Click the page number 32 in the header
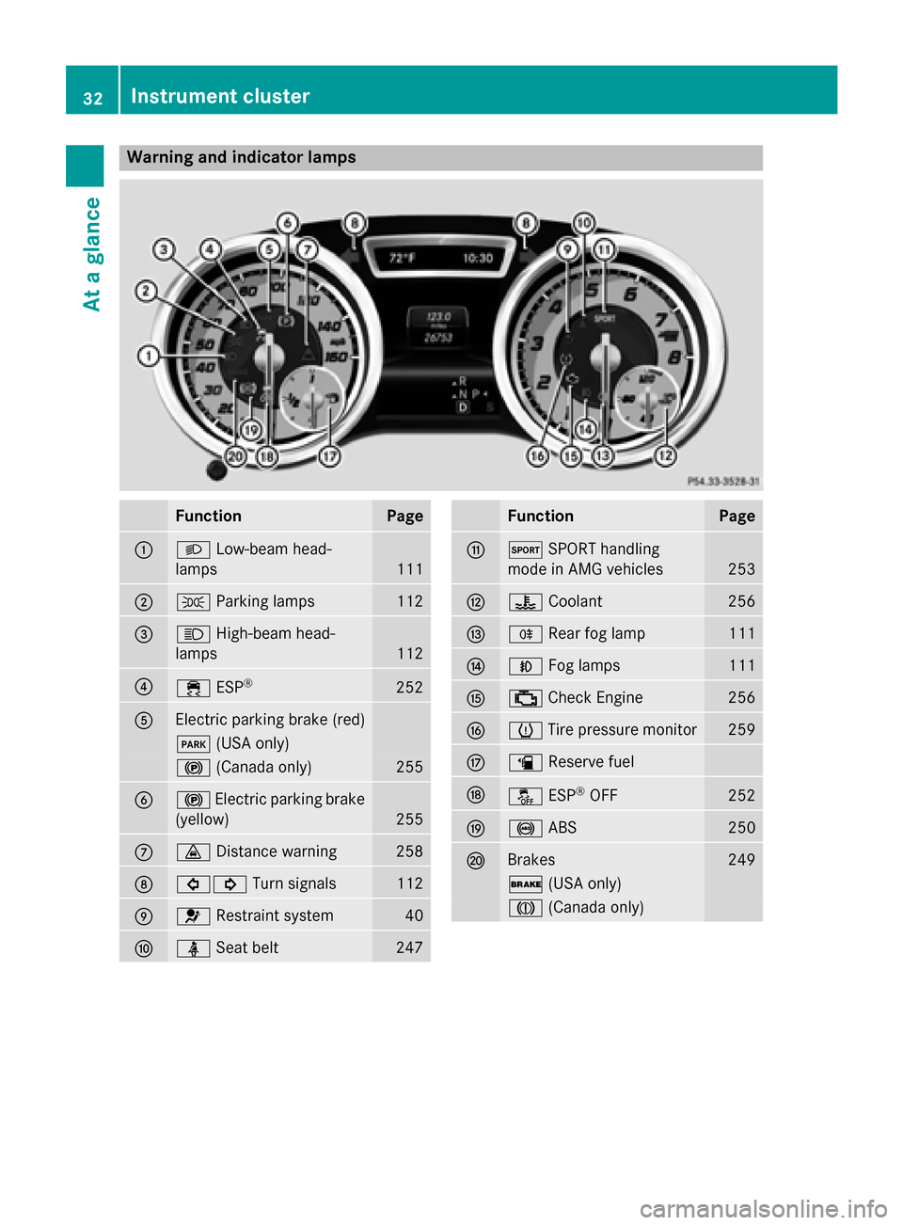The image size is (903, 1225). click(x=92, y=98)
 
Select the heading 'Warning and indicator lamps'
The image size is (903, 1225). click(x=241, y=157)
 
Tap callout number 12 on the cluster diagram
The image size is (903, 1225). click(x=665, y=456)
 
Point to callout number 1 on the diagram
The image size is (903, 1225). click(x=148, y=356)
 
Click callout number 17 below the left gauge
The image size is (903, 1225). click(x=329, y=456)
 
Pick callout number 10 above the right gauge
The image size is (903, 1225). click(x=584, y=223)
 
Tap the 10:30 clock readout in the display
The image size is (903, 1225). click(x=478, y=258)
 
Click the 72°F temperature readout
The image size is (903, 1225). click(x=403, y=258)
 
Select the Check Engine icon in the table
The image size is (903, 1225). click(x=525, y=698)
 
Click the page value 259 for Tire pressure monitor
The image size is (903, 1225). click(x=741, y=729)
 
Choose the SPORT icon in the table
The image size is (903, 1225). click(x=525, y=549)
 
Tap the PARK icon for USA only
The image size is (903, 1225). click(x=193, y=744)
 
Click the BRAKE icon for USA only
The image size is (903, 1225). click(x=525, y=884)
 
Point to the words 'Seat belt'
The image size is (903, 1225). click(x=247, y=947)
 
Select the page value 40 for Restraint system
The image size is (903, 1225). click(x=414, y=915)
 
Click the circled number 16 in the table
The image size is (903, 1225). click(x=476, y=730)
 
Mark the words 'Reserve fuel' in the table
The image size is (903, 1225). click(x=591, y=761)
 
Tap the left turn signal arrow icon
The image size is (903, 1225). click(x=193, y=884)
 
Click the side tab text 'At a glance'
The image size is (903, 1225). click(x=92, y=254)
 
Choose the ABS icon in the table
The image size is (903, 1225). click(x=525, y=828)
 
